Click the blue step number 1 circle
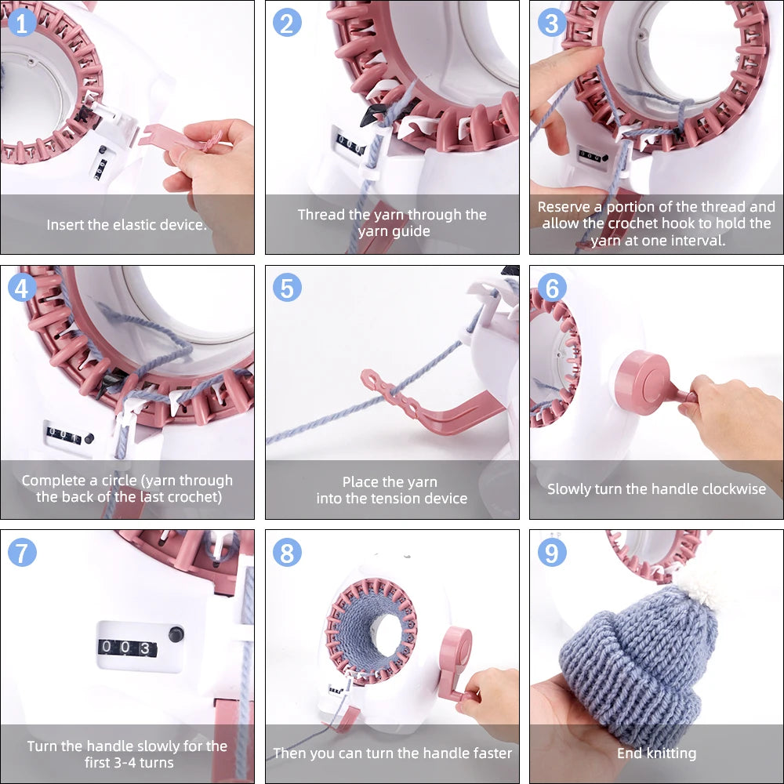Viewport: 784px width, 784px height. point(22,23)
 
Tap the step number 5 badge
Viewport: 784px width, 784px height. point(287,288)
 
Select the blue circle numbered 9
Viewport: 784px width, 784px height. point(552,554)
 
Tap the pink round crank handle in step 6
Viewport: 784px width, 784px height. point(641,382)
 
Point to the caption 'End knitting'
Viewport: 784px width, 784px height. point(656,753)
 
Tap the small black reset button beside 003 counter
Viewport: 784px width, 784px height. point(175,633)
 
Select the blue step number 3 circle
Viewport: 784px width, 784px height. point(552,23)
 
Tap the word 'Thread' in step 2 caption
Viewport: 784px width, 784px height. point(321,215)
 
